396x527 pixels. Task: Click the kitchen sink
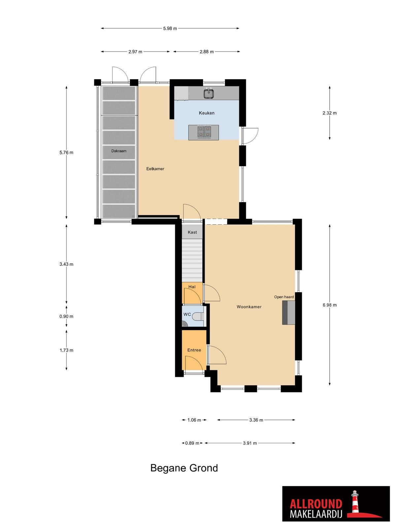(x=209, y=94)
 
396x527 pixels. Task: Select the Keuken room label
(x=207, y=113)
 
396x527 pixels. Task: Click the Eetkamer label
(x=155, y=169)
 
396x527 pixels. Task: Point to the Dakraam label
(x=119, y=151)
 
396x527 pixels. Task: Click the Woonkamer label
(x=249, y=307)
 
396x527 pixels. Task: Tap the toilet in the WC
(x=198, y=316)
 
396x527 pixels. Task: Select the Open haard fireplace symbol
(x=288, y=313)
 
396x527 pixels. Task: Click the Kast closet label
(x=192, y=232)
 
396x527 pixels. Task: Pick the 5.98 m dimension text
(x=170, y=28)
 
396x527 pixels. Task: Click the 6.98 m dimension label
(x=330, y=305)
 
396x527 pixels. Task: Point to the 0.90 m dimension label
(x=66, y=316)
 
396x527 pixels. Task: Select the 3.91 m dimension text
(x=250, y=443)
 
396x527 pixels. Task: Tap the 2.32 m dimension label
(x=330, y=113)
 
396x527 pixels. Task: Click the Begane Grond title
(x=184, y=468)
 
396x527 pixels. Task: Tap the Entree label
(x=194, y=350)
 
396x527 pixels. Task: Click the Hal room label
(x=192, y=287)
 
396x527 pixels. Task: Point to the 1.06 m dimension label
(x=194, y=420)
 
